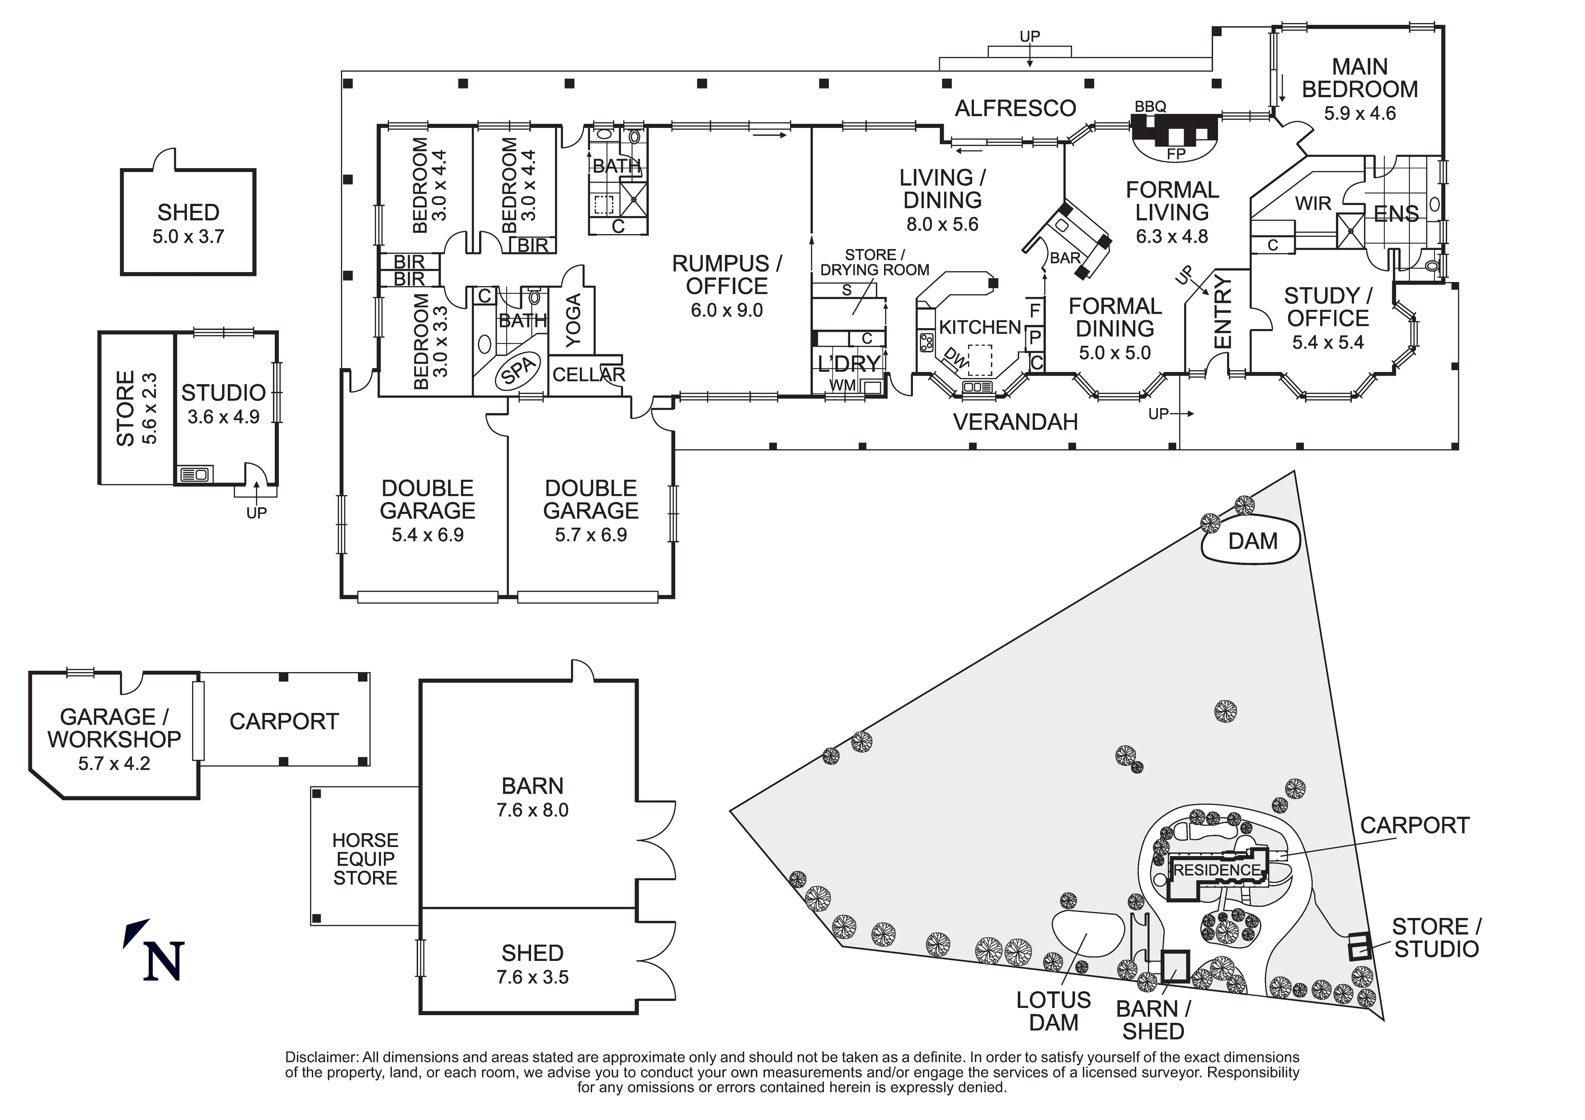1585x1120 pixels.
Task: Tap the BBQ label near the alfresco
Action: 1150,106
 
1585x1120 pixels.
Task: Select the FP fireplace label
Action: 1176,154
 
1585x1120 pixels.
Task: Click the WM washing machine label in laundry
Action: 842,385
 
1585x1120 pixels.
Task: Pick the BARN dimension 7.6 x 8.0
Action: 532,810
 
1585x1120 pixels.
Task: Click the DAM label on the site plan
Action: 1252,541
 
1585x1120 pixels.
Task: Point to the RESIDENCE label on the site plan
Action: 1217,870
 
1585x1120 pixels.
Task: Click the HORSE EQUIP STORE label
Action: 365,859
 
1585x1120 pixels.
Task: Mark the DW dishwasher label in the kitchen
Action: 955,357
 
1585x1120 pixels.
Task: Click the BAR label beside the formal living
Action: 1064,258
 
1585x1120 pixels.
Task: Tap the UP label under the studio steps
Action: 256,513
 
